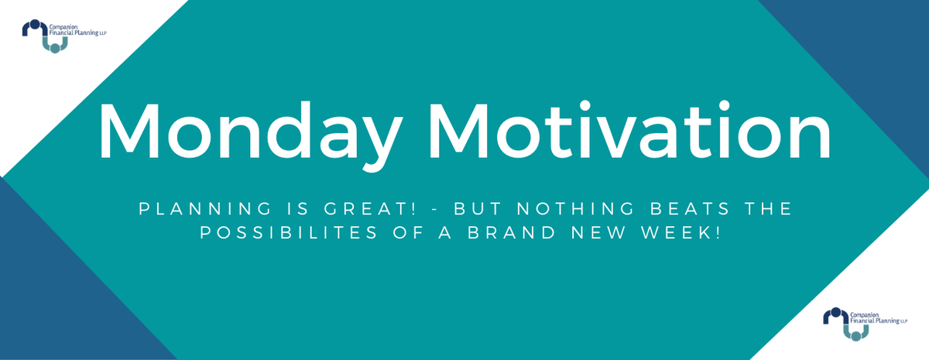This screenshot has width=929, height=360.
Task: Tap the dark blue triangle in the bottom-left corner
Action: [54, 310]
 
